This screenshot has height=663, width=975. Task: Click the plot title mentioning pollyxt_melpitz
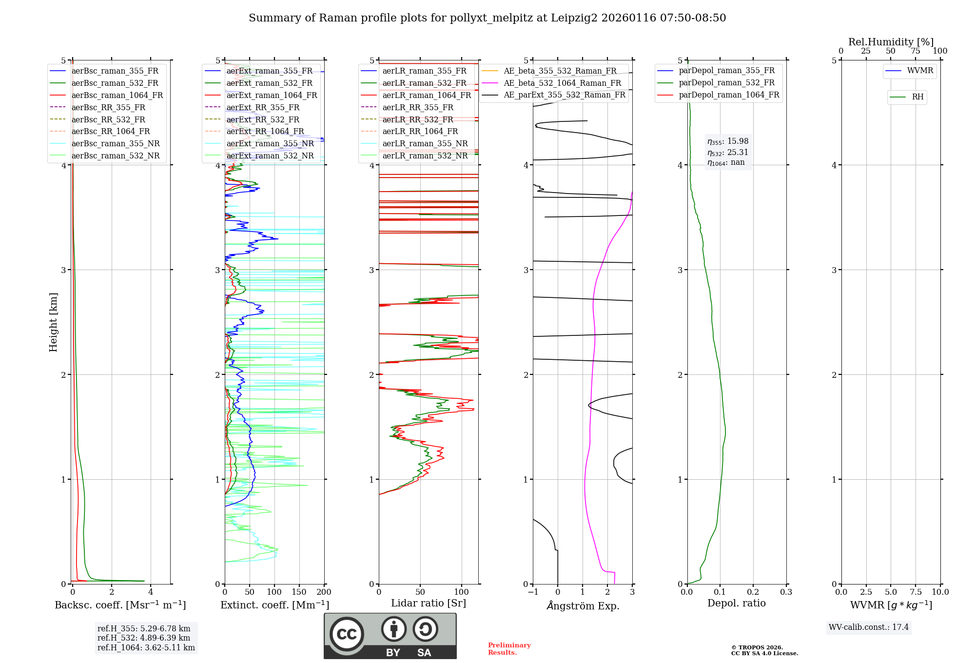pos(487,18)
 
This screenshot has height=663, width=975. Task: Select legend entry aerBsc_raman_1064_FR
pos(117,95)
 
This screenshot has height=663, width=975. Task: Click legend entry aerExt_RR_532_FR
pos(263,119)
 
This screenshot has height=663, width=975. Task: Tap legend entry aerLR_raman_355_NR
pos(425,143)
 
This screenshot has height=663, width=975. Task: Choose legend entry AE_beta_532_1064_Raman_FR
pos(562,83)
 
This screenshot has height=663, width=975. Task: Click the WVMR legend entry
pos(920,71)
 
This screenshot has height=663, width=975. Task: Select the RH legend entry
pos(917,97)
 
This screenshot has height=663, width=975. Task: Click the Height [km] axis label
pos(54,322)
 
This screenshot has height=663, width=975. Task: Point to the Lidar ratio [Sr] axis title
pos(428,603)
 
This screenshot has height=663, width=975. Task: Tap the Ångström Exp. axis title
pos(583,605)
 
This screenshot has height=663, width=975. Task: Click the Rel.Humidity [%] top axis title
pos(891,42)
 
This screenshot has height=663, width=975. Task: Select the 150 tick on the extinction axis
pos(299,592)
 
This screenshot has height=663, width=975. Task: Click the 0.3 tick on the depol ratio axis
pos(786,592)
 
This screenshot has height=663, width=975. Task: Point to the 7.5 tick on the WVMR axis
pos(915,592)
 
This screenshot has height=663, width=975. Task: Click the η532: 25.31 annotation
pos(728,153)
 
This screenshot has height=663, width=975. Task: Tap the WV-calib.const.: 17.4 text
pos(868,627)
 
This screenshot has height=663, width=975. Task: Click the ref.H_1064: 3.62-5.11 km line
pos(146,648)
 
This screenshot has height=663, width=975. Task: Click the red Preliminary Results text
pos(509,649)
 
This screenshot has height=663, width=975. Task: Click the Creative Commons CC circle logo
pos(347,634)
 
